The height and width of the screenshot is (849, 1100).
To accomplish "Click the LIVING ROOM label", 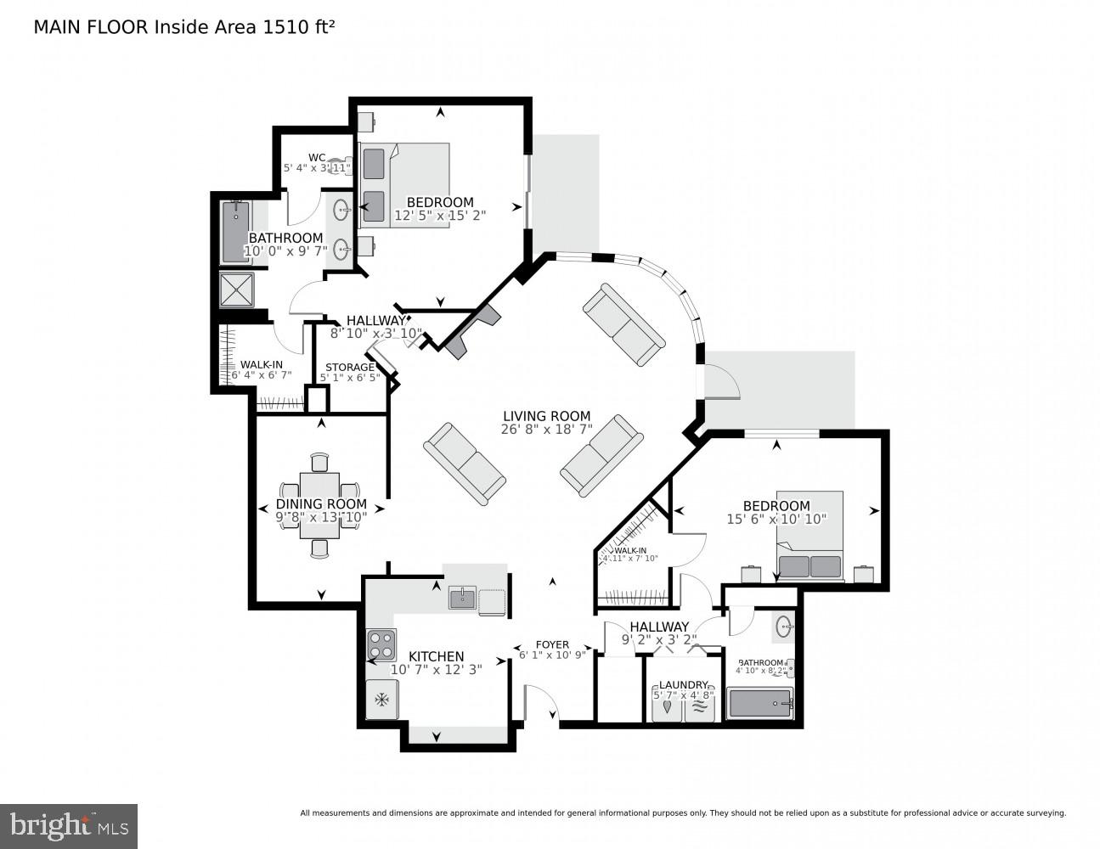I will [545, 416].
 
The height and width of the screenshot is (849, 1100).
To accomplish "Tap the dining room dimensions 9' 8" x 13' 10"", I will [321, 516].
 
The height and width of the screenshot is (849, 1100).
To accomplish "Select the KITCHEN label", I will [437, 656].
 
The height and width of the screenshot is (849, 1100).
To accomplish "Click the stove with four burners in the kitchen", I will [381, 644].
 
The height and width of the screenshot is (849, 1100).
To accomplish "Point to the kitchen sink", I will [462, 598].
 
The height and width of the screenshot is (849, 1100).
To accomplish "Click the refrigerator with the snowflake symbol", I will [381, 700].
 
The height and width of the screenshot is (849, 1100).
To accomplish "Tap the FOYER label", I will [552, 644].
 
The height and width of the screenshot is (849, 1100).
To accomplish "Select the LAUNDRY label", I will [683, 685].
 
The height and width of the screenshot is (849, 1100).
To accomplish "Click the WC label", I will [317, 157].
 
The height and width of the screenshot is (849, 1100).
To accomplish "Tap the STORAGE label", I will [349, 368].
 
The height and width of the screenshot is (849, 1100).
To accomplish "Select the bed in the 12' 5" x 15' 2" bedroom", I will [404, 184].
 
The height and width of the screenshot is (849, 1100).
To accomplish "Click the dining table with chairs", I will [319, 505].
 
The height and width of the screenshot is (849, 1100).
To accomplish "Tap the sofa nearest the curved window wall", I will [623, 324].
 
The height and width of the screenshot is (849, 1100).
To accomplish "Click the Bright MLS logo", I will [70, 824].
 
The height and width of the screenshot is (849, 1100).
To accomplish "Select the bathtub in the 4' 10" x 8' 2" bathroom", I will [760, 704].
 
